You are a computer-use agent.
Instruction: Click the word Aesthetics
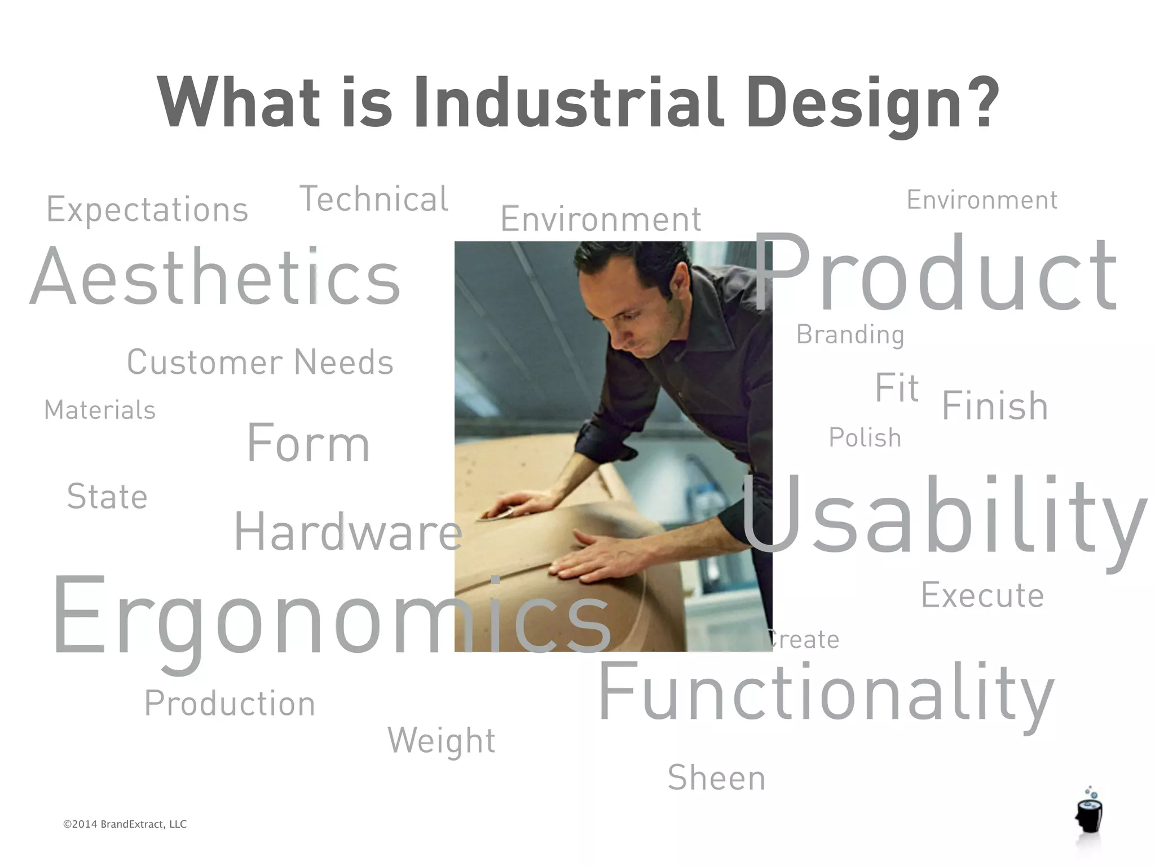[x=215, y=277]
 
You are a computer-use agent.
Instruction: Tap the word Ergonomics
[x=332, y=615]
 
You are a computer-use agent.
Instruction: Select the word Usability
[x=943, y=516]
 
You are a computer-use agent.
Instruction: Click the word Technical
[x=374, y=199]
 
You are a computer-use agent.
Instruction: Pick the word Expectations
[x=147, y=210]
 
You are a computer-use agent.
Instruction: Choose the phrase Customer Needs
[x=260, y=362]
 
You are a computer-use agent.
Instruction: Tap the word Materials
[x=100, y=410]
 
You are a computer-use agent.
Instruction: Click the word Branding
[x=850, y=335]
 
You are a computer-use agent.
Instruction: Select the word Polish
[x=865, y=438]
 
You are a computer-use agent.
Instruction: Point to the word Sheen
[x=716, y=778]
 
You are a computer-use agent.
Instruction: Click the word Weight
[x=442, y=741]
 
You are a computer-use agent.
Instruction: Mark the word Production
[x=230, y=704]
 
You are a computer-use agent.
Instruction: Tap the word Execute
[x=982, y=595]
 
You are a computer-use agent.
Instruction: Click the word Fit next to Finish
[x=897, y=388]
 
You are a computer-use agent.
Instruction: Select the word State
[x=107, y=497]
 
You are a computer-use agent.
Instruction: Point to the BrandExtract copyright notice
[x=125, y=824]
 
